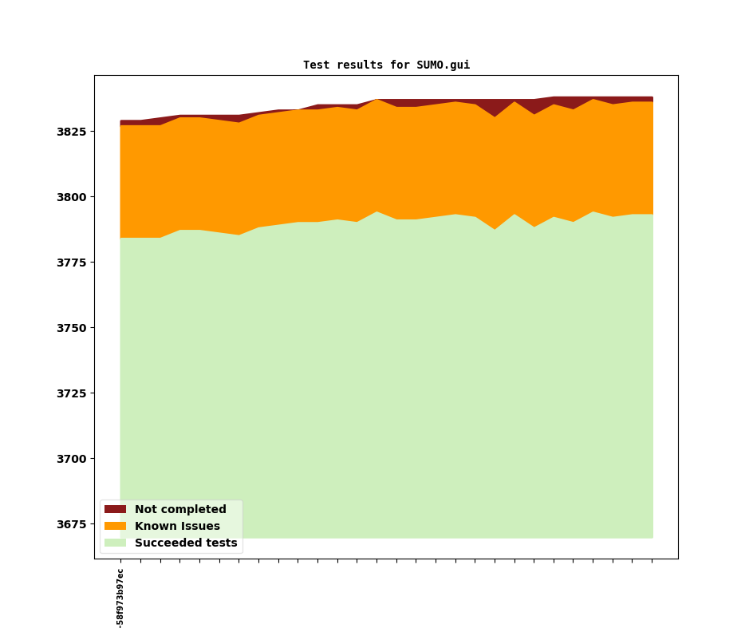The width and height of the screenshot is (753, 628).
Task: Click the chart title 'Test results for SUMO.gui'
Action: [x=386, y=65]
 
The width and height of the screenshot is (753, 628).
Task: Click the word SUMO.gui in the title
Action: [x=443, y=65]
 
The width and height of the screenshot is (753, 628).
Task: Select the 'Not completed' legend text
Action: [x=180, y=509]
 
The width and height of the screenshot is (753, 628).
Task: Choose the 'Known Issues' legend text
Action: [x=177, y=526]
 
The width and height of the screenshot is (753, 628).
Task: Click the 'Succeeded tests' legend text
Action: [x=186, y=543]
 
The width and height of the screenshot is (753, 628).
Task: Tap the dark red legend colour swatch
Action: [x=115, y=509]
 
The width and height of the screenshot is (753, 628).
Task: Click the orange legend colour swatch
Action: [x=115, y=526]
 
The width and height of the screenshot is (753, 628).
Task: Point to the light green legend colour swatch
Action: [x=115, y=543]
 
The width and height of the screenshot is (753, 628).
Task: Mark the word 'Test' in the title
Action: [x=316, y=65]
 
